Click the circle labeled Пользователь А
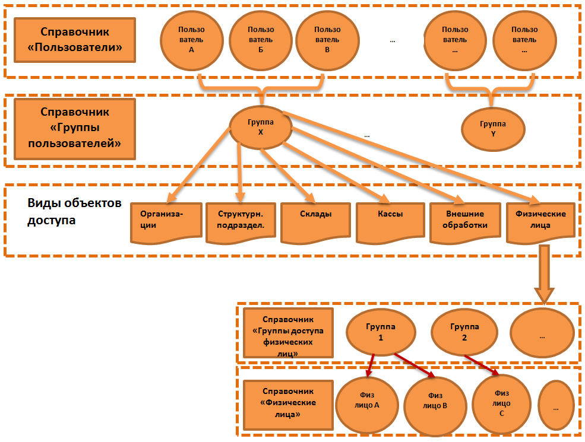(191, 40)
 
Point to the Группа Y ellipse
(493, 128)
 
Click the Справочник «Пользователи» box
(75, 40)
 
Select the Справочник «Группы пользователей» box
(75, 128)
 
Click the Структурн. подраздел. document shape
(241, 222)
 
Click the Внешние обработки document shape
(464, 222)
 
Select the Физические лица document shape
(540, 221)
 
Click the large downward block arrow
(545, 278)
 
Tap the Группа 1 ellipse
(380, 332)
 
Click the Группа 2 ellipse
(464, 332)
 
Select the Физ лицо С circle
(501, 402)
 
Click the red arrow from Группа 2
(481, 365)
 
